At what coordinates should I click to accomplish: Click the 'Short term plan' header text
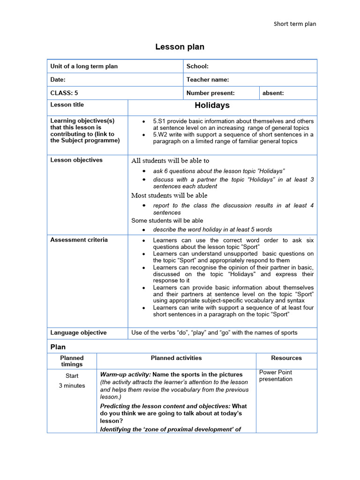[295, 24]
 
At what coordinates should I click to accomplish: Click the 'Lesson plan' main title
[180, 47]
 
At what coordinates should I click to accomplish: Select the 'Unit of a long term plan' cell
[84, 66]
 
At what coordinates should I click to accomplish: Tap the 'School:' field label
[197, 66]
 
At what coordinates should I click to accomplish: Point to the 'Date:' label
[58, 80]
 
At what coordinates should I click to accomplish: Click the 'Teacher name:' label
[208, 80]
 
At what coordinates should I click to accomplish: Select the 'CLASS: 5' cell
[64, 93]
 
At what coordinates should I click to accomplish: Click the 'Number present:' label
[210, 93]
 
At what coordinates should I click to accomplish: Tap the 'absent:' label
[273, 93]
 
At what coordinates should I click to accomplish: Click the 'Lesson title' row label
[67, 105]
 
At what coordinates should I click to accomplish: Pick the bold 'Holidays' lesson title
[212, 105]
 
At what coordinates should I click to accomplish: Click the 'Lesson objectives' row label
[76, 160]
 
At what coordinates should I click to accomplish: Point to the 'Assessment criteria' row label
[79, 240]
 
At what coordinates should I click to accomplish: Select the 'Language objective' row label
[78, 332]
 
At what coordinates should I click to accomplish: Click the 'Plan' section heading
[58, 347]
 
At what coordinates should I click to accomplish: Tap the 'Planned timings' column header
[72, 361]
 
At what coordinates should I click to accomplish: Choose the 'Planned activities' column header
[176, 358]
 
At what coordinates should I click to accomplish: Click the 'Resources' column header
[286, 358]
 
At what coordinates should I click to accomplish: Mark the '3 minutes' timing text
[72, 386]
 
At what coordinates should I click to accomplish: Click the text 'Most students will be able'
[169, 195]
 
